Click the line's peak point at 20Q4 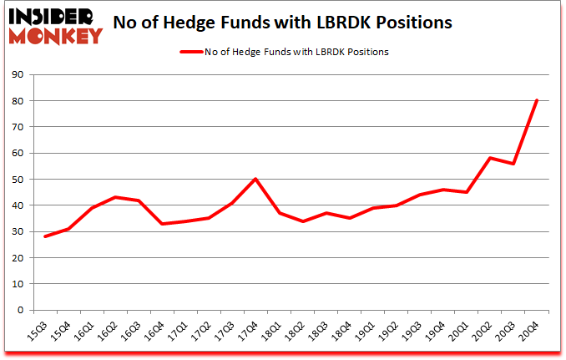point(536,101)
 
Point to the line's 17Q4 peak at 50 point(255,179)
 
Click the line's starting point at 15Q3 point(45,236)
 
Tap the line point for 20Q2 point(489,158)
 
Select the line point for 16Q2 point(115,197)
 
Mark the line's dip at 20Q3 point(513,164)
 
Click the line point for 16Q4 point(162,224)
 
